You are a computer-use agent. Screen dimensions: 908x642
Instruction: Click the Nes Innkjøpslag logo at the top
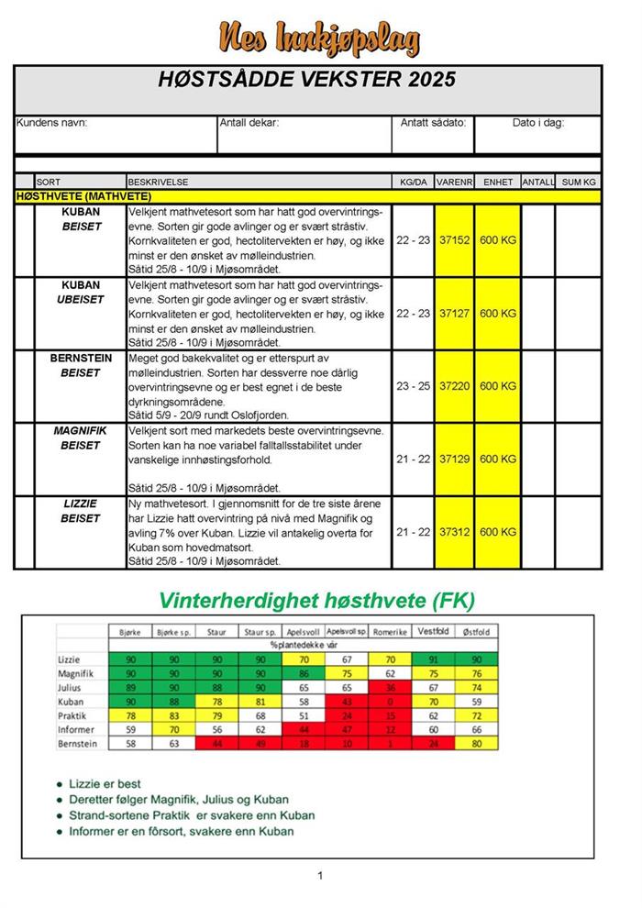coord(319,38)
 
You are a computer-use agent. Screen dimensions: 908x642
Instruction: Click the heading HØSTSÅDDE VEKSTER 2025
coord(307,80)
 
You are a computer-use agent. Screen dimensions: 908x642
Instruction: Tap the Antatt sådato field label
coord(434,122)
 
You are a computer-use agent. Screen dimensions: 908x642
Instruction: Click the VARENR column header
coord(454,183)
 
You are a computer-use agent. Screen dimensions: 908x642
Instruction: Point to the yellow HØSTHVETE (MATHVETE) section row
coord(307,195)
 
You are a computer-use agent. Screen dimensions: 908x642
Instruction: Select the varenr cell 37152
coord(454,240)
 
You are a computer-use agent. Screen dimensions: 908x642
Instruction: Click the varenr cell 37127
coord(454,314)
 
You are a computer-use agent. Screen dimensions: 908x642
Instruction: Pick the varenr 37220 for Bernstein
coord(454,386)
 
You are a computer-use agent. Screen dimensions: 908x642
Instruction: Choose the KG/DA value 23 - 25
coord(413,386)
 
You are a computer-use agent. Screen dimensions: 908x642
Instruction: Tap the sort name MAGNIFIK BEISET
coord(81,438)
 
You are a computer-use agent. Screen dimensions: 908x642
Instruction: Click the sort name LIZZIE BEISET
coord(81,511)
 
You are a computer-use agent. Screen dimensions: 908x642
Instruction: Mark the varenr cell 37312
coord(454,532)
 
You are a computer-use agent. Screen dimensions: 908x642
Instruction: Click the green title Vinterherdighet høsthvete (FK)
coord(316,601)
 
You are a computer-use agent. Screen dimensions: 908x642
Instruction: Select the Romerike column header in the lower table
coord(391,632)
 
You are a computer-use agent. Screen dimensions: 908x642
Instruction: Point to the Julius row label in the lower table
coord(71,685)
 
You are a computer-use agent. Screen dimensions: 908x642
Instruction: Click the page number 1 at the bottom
coord(320,876)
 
